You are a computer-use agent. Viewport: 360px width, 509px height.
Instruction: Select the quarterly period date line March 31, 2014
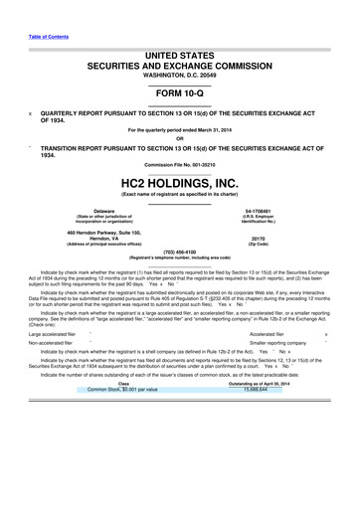click(x=179, y=128)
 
